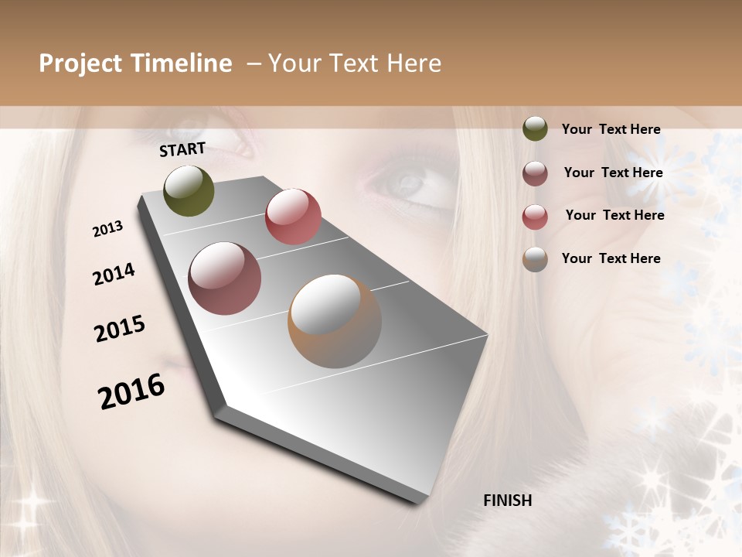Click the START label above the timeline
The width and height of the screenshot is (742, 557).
pos(182,149)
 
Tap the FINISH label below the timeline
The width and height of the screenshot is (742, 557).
pos(508,501)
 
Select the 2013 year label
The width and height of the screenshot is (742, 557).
pos(108,229)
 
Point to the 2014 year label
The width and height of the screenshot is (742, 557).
pos(114,275)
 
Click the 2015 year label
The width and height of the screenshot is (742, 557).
pos(120,329)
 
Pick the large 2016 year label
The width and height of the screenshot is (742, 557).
pos(131,391)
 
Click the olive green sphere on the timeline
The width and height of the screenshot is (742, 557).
pos(189,190)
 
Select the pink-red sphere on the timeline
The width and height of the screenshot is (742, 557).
pos(293,217)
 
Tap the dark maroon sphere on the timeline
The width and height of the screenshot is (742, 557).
pos(225,278)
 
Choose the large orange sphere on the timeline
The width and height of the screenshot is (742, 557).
pos(335,321)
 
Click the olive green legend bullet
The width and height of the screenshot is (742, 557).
pos(535,128)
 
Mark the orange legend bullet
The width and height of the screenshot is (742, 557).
pos(535,259)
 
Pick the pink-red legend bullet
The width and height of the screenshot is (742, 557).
pos(535,217)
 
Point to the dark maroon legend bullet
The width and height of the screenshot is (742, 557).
pos(535,173)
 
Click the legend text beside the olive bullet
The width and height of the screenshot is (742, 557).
pos(611,129)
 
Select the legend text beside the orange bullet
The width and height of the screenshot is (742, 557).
pos(611,258)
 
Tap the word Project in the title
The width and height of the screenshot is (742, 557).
pos(80,64)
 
